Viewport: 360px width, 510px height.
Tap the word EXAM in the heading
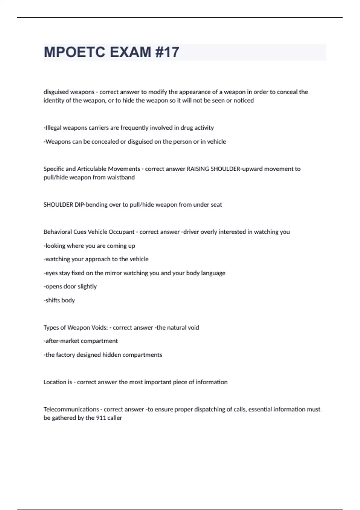[x=130, y=52]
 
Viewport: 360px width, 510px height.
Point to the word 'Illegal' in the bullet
[x=53, y=128]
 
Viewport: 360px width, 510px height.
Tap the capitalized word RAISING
[x=198, y=169]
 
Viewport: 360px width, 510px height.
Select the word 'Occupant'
[x=121, y=232]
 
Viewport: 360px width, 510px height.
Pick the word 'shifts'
[x=52, y=300]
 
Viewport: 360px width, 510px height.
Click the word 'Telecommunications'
[x=71, y=409]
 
